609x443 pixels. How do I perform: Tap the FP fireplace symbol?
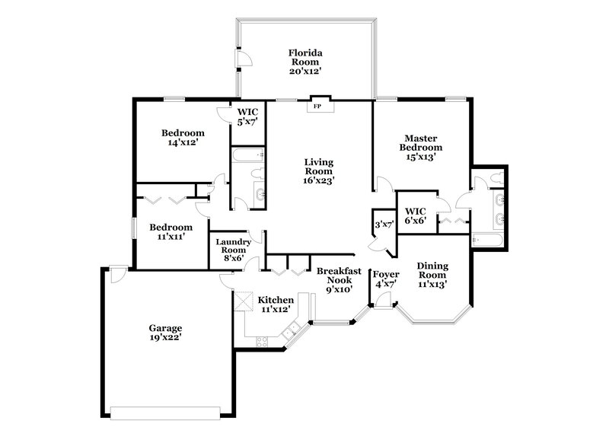click(317, 107)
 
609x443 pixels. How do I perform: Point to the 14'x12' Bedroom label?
click(183, 138)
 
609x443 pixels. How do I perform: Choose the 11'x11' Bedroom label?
click(171, 231)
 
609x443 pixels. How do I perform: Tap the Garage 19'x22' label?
click(165, 333)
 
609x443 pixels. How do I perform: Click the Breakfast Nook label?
click(338, 279)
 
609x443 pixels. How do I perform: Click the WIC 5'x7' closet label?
click(247, 116)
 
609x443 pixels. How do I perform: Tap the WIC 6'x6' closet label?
click(415, 215)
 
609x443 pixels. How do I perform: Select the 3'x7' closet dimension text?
click(383, 225)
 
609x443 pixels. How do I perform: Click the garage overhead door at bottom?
click(169, 413)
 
